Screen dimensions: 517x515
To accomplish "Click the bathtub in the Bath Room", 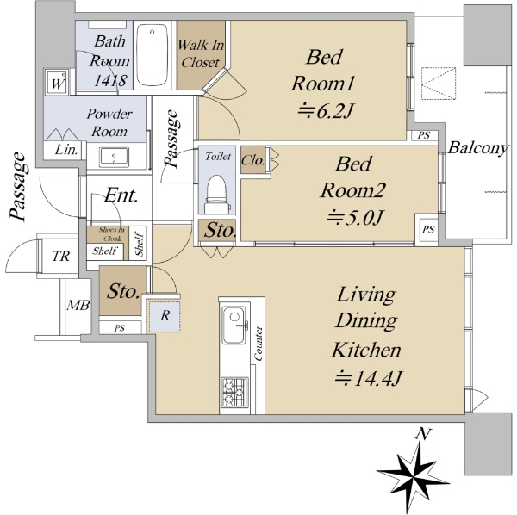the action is [x=152, y=55].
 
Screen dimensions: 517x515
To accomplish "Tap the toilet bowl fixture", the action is [x=216, y=195].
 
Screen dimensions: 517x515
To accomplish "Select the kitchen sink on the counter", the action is [x=234, y=325].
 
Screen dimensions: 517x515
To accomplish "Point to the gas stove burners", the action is [x=234, y=392].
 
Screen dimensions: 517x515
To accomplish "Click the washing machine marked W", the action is [x=57, y=83].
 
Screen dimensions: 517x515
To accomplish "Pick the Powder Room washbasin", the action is [x=114, y=157].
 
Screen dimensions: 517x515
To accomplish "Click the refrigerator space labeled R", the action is [x=164, y=316].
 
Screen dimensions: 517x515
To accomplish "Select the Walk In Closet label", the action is [x=201, y=53].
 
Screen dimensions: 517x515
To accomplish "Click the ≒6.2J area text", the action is [x=326, y=111].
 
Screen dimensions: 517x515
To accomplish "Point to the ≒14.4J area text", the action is [x=368, y=378].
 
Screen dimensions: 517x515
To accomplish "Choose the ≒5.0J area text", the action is [x=355, y=217].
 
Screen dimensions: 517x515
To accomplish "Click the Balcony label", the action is [x=477, y=147].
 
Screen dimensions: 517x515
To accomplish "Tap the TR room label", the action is [x=61, y=256].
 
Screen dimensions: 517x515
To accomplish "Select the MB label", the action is [x=78, y=305].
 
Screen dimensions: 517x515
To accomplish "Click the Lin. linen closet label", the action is [x=66, y=150].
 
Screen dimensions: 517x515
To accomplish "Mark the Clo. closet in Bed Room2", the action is [x=252, y=160].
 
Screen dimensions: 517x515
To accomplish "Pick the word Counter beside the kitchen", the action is [x=258, y=343].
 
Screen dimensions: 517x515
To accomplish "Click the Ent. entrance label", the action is [x=121, y=195].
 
